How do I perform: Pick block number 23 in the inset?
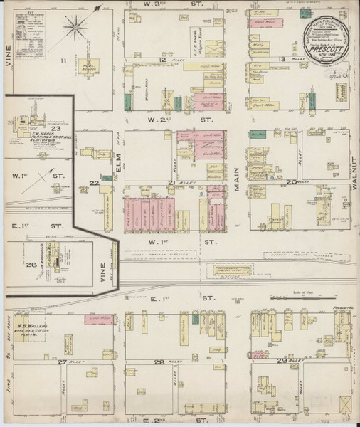pyautogui.click(x=43, y=129)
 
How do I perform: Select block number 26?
pyautogui.click(x=31, y=266)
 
